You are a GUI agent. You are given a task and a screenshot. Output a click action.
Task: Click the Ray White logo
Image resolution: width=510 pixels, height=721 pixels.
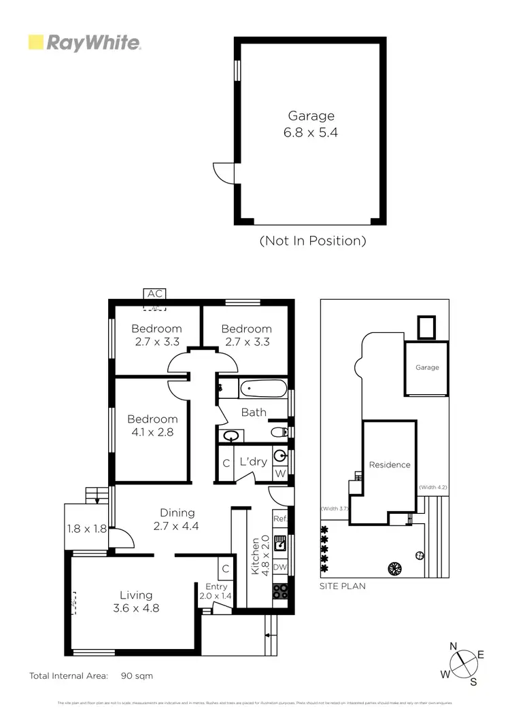(84, 43)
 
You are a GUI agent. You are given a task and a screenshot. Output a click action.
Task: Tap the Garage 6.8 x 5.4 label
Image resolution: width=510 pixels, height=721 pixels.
(310, 124)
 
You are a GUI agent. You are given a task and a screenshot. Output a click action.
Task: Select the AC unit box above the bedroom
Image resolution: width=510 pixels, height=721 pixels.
(155, 294)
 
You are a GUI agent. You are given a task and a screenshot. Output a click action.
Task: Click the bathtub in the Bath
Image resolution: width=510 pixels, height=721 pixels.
(262, 390)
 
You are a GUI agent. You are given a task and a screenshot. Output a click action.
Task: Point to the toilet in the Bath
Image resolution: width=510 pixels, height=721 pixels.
(279, 432)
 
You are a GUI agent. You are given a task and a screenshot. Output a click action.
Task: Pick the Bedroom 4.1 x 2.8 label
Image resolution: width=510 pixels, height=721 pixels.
(152, 425)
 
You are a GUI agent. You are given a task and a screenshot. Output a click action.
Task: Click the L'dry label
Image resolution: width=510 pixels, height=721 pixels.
(254, 462)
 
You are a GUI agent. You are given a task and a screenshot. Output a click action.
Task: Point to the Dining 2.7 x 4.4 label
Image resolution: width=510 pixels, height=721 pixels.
(177, 519)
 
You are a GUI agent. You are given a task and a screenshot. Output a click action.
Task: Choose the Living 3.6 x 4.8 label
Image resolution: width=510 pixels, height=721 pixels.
(136, 602)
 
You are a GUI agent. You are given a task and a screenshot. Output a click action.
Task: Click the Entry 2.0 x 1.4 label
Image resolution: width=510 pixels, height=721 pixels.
(216, 591)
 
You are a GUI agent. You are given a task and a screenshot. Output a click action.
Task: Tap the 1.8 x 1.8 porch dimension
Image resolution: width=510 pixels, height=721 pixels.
(87, 528)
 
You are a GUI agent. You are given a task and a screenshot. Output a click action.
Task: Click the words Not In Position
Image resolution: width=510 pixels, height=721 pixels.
(313, 241)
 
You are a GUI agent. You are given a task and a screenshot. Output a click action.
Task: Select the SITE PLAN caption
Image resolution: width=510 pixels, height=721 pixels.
(343, 586)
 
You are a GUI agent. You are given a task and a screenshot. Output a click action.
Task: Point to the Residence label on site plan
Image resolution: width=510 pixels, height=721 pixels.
(390, 465)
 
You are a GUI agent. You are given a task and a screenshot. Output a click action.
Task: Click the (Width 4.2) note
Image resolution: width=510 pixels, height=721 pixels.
(432, 487)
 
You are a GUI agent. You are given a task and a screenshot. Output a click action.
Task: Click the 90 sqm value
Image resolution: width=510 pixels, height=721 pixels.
(137, 676)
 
